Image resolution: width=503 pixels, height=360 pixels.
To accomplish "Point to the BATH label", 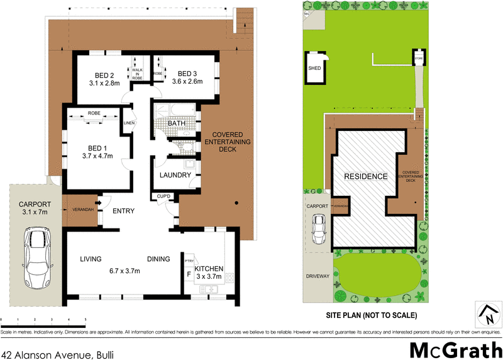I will click(x=175, y=123).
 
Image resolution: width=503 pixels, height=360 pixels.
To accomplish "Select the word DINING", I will click(x=158, y=259).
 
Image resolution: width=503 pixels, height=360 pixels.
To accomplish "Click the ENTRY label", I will click(x=123, y=211).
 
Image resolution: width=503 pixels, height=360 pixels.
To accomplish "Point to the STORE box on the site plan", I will click(x=419, y=59).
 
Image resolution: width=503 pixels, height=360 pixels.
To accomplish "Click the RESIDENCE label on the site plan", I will click(x=365, y=176).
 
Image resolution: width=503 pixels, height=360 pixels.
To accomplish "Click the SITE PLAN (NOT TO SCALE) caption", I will click(x=371, y=315).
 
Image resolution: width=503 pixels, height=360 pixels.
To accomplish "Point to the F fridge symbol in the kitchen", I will click(x=189, y=274).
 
